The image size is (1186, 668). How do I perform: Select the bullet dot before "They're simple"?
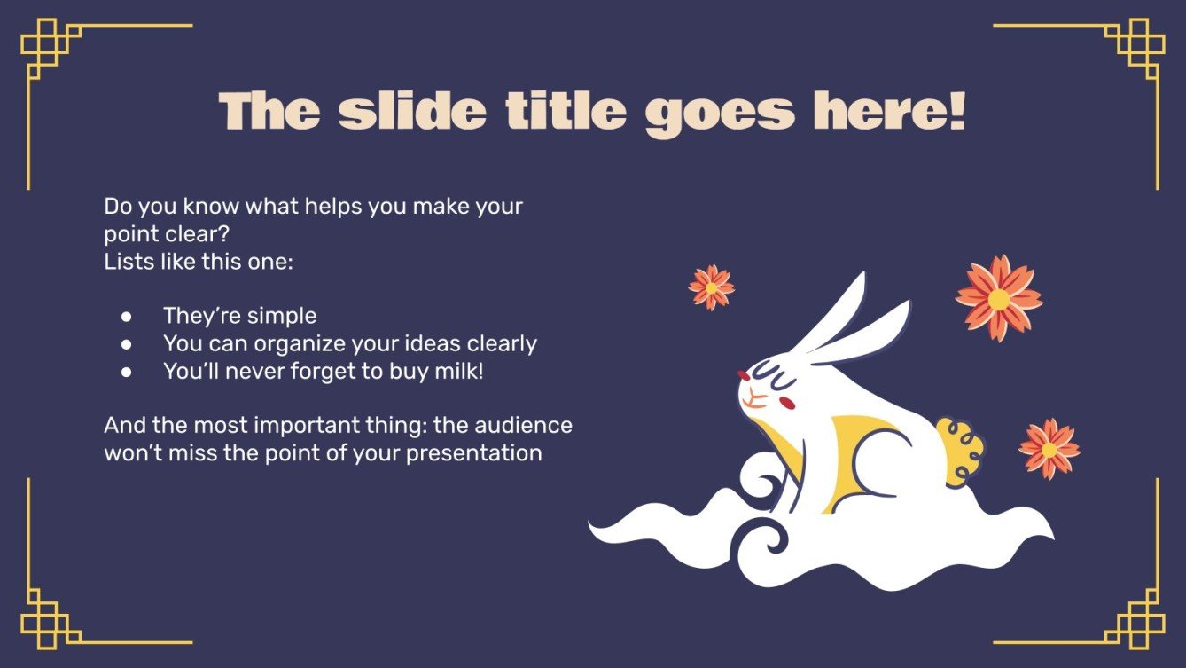pyautogui.click(x=127, y=316)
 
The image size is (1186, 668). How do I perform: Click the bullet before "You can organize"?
pyautogui.click(x=127, y=343)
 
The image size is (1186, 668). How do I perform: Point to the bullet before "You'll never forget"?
pyautogui.click(x=127, y=372)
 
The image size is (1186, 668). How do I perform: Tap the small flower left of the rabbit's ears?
pyautogui.click(x=711, y=287)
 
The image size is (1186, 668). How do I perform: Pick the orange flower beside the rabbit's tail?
pyautogui.click(x=1049, y=449)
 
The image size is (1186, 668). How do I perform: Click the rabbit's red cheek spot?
pyautogui.click(x=784, y=403)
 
